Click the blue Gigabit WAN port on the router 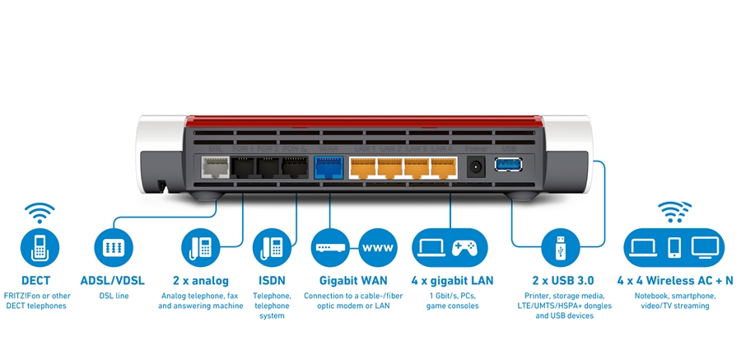point(328,166)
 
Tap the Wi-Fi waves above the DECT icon point(39,212)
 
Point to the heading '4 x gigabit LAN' point(452,280)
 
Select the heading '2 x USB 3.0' point(564,280)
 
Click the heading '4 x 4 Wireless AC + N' point(675,280)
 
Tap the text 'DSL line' point(114,295)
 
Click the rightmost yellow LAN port point(444,166)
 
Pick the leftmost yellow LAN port point(363,166)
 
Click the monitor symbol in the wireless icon point(706,245)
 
